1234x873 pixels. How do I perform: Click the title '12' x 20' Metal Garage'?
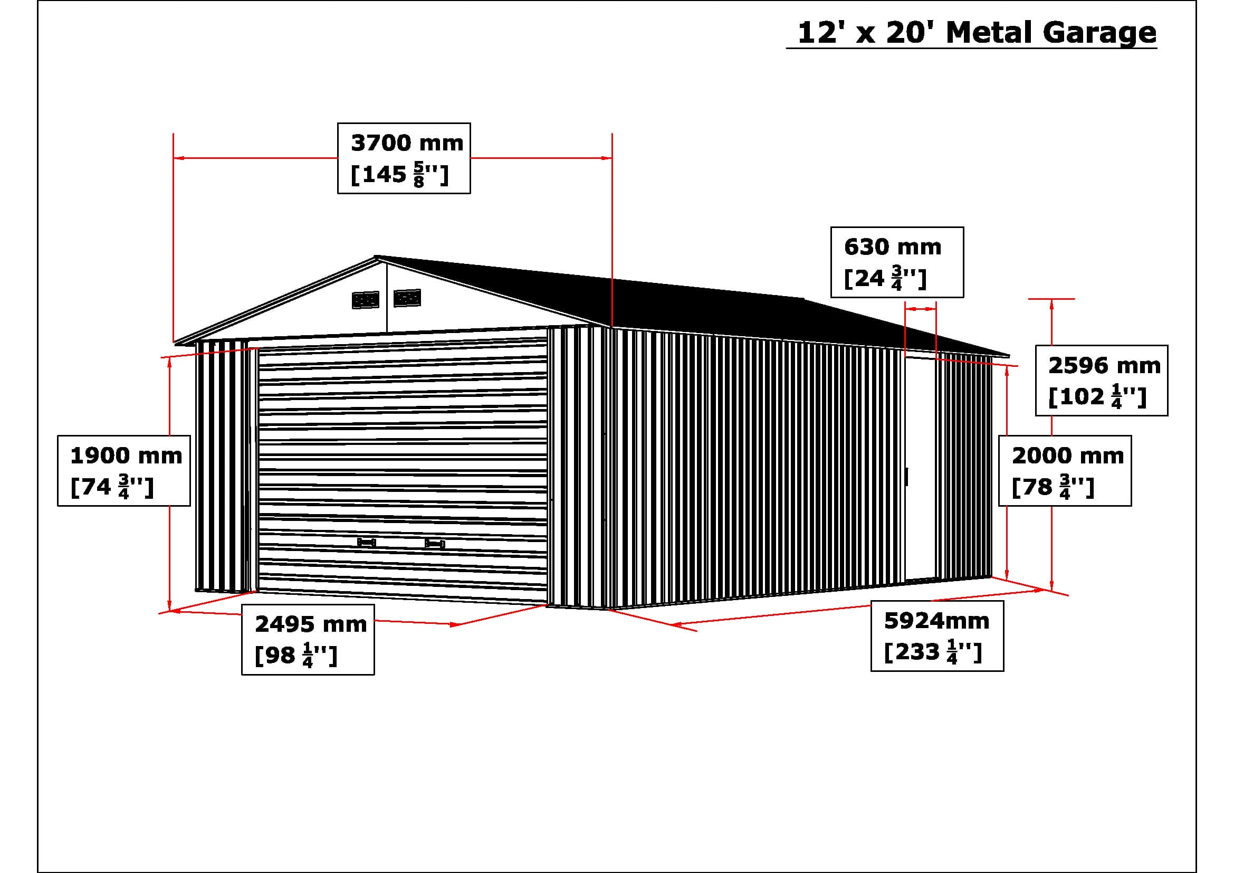[x=976, y=33]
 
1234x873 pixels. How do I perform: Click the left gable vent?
[x=366, y=300]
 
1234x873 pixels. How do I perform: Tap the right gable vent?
[x=407, y=298]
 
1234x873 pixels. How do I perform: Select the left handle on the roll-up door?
[x=367, y=543]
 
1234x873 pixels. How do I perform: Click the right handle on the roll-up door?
[x=434, y=544]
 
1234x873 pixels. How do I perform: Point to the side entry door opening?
[x=920, y=468]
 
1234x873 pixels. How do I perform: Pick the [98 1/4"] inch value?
[x=295, y=657]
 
